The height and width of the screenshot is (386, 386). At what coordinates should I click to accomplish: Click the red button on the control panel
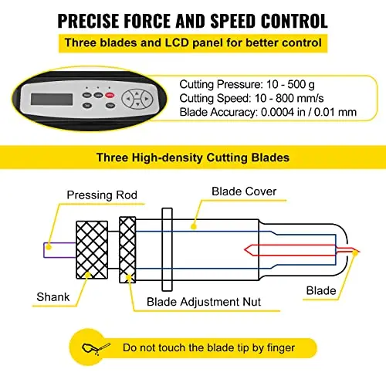pos(110,95)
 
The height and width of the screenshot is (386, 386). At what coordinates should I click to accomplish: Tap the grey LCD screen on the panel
pos(52,99)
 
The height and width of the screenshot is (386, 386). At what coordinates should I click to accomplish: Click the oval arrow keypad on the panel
pos(137,99)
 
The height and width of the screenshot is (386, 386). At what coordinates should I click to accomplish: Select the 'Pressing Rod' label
pos(102,195)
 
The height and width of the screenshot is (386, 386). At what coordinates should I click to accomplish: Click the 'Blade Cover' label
pos(244,191)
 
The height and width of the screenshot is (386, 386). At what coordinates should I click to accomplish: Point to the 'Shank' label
pos(53,297)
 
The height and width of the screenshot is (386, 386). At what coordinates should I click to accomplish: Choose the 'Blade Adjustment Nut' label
pos(204,302)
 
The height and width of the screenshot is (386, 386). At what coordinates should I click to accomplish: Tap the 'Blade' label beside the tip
pos(321,291)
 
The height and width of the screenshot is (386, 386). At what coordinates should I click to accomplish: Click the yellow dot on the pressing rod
pos(49,247)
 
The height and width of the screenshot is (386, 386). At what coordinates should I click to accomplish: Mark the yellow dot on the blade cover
pos(194,226)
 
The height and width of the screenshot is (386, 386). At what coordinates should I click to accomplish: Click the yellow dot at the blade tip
pos(355,252)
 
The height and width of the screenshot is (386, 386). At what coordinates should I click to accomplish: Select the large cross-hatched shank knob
pos(92,250)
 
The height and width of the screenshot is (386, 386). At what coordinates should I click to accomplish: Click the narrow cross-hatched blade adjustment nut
pos(127,250)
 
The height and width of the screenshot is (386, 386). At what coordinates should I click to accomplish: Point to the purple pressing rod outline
pos(44,250)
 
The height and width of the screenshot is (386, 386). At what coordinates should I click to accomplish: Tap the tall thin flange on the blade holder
pos(167,249)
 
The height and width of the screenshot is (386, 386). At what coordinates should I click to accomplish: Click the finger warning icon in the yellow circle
pos(96,348)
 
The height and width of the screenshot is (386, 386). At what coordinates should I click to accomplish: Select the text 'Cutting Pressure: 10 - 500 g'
pos(247,84)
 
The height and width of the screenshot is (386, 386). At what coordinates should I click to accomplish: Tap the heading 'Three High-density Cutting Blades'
pos(193,157)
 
